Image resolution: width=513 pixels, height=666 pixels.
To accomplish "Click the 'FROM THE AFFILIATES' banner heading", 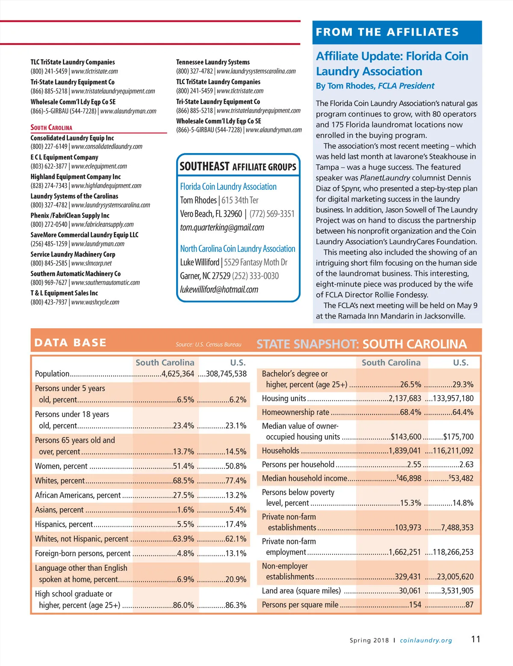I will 387,32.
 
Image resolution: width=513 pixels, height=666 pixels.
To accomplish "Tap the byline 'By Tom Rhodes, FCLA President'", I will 375,86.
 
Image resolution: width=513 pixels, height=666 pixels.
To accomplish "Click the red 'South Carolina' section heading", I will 51,127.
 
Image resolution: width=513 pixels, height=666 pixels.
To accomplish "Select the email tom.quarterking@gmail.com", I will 222,227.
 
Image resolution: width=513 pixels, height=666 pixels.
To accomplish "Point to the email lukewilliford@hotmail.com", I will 219,289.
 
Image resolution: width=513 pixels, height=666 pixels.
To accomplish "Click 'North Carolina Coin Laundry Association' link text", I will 237,249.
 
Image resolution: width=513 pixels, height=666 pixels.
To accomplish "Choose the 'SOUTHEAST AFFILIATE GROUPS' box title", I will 238,166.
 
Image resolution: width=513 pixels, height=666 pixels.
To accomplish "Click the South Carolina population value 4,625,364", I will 177,374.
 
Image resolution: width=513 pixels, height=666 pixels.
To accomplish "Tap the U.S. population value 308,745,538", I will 226,374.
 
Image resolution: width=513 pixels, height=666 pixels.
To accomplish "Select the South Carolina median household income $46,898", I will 409,478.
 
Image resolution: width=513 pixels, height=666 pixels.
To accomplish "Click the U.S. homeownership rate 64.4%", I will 463,413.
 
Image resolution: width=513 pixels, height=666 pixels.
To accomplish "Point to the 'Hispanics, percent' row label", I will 64,525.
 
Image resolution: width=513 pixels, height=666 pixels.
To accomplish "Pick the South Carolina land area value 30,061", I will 410,591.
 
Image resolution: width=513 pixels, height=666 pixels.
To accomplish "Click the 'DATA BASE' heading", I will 70,342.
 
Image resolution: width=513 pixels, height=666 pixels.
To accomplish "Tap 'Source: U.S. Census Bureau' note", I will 208,345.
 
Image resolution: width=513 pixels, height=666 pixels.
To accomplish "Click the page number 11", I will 475,639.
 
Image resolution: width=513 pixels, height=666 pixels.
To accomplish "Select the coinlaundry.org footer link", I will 426,640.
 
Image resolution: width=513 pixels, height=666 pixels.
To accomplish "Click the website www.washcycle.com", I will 95,302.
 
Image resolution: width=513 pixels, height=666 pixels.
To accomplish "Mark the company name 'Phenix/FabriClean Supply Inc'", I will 70,215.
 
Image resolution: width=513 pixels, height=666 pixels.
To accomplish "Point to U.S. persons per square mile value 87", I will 469,605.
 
